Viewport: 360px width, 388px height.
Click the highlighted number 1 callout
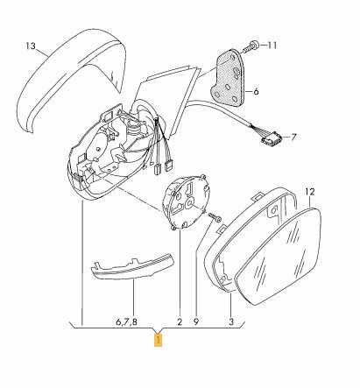coord(158,341)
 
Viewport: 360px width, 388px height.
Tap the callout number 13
coord(30,46)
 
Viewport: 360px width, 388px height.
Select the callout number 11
coord(272,46)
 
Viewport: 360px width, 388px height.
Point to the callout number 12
coord(310,192)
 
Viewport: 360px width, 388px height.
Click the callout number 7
coord(293,137)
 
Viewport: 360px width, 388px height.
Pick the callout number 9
coord(196,321)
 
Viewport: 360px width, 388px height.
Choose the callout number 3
coord(231,321)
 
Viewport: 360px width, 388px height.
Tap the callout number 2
coord(180,321)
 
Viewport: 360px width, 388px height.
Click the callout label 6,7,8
coord(126,322)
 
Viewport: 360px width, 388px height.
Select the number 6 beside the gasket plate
coord(256,92)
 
